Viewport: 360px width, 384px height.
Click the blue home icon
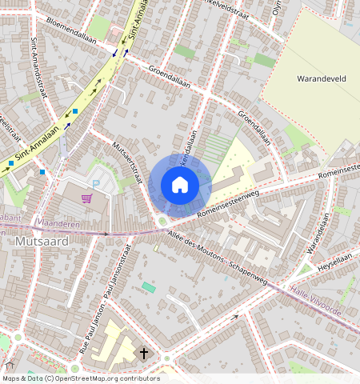pos(180,185)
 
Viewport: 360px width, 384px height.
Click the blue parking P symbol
pos(96,183)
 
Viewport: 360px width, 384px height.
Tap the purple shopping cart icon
pos(86,198)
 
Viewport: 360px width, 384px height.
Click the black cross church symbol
pos(145,353)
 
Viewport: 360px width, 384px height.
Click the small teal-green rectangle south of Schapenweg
pos(149,286)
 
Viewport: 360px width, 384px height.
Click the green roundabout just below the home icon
pos(162,221)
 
